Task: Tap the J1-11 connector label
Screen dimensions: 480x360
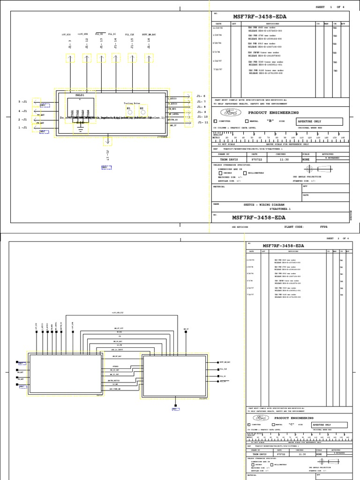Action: pos(202,122)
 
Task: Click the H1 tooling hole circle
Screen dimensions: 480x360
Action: pos(128,112)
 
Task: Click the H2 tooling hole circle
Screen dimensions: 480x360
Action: pos(142,112)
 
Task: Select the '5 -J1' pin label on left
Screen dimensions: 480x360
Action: pos(22,101)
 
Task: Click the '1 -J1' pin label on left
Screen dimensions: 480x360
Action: pos(22,127)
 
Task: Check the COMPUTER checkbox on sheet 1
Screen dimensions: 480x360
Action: pos(216,121)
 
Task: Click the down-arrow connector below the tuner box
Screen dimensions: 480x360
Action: pos(108,140)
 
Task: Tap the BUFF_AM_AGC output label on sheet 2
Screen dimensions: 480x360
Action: pos(225,362)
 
